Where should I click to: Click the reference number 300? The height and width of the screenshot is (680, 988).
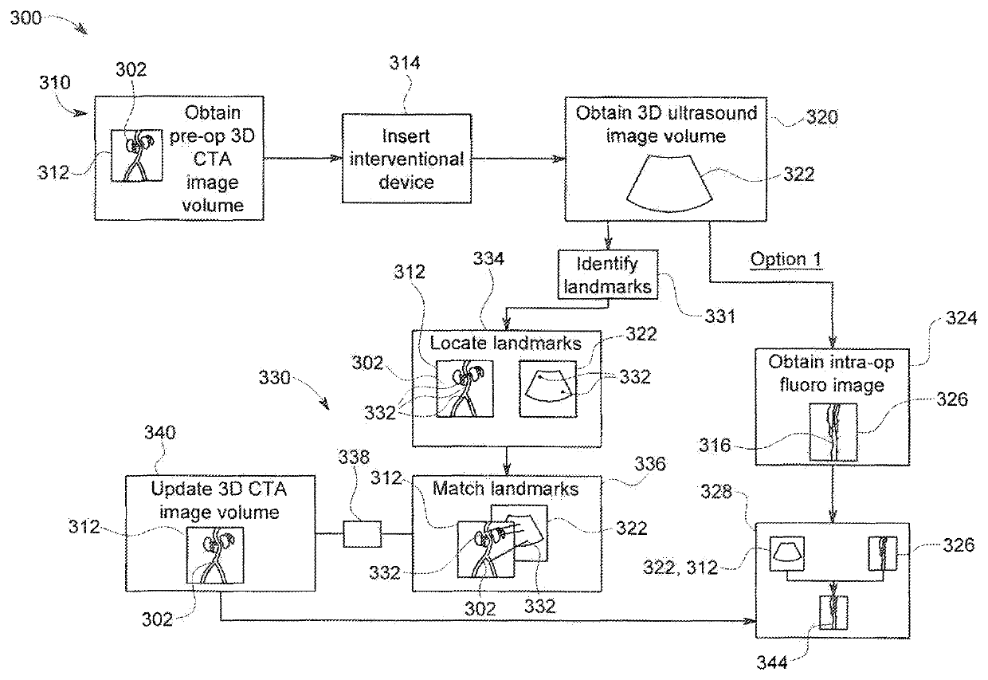(25, 18)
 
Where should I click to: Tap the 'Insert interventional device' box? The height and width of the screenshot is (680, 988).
(406, 159)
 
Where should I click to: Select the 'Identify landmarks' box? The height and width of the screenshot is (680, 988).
(607, 274)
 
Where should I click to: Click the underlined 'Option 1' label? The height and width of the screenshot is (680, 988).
(786, 259)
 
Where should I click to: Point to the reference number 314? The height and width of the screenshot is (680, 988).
(405, 63)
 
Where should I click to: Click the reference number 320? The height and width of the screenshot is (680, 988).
(822, 117)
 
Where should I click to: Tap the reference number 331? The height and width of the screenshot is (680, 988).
(719, 316)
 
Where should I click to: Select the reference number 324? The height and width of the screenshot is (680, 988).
(962, 318)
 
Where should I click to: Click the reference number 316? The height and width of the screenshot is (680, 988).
(715, 445)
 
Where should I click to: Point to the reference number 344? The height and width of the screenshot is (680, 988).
(772, 662)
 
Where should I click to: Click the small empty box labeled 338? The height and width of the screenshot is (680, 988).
(362, 534)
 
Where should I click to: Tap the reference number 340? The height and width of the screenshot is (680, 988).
(159, 432)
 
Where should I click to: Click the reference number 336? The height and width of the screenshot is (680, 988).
(649, 463)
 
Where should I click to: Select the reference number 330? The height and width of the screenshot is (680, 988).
(274, 377)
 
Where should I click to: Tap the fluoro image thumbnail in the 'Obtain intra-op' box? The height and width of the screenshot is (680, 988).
(833, 432)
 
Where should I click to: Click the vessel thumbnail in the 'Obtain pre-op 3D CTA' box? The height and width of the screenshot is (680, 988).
(137, 155)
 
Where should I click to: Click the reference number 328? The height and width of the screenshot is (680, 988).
(716, 491)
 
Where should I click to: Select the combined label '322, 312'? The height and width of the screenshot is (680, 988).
(680, 567)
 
